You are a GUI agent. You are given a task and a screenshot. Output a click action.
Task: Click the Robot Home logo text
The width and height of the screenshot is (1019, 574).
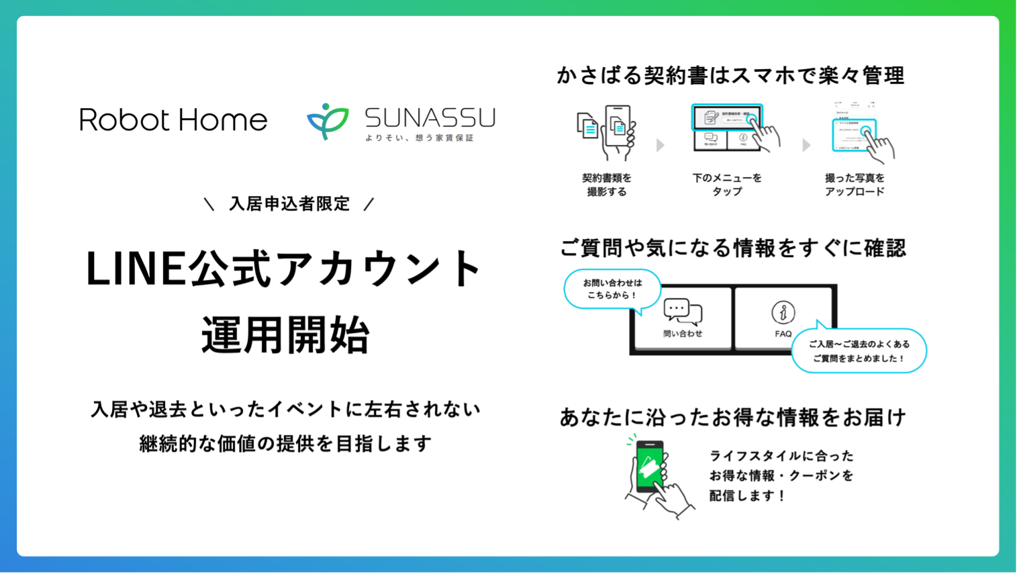[x=173, y=120]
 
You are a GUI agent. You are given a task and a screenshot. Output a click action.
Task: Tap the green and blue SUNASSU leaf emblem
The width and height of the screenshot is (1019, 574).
[x=328, y=121]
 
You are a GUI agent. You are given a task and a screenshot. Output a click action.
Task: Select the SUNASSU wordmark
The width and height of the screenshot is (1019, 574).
[x=430, y=117]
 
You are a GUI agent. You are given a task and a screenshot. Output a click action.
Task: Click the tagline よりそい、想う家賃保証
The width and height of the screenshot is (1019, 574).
[x=420, y=138]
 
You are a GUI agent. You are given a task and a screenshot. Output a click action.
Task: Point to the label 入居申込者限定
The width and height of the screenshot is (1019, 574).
[x=289, y=204]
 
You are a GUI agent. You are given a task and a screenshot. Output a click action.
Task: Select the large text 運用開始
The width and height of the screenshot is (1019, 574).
[x=285, y=334]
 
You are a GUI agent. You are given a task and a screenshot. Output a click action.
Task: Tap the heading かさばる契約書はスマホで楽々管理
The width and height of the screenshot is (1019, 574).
[x=730, y=75]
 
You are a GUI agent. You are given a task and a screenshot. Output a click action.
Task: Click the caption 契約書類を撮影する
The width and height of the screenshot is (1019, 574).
[x=607, y=185]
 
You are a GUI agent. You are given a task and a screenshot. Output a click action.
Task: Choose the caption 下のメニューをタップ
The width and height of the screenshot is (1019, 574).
[x=727, y=185]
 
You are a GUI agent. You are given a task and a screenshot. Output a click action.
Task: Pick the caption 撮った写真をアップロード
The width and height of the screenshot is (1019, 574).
[x=855, y=185]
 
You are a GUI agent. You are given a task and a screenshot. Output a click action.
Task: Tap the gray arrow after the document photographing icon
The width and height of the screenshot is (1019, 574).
[x=661, y=145]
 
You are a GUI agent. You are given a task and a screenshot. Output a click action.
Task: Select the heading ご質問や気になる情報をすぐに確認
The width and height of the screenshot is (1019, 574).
[x=732, y=248]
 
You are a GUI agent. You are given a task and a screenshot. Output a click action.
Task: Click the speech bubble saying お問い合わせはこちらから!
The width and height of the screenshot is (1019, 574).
[x=612, y=289]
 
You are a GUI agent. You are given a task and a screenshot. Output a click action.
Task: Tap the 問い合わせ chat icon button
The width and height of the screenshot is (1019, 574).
[x=682, y=318]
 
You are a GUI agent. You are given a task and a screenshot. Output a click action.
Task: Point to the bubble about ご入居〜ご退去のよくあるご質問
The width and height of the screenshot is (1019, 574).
[x=859, y=350]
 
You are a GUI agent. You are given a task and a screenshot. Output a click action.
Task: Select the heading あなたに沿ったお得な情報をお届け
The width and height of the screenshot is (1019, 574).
[x=732, y=418]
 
